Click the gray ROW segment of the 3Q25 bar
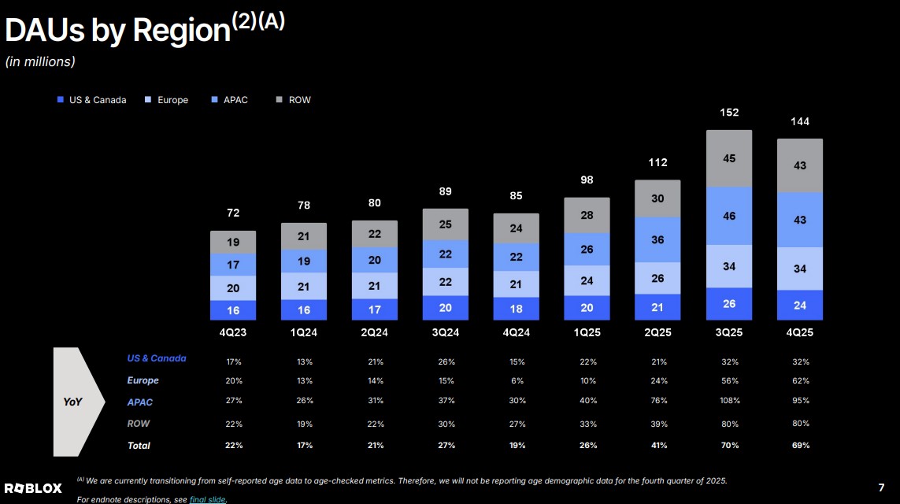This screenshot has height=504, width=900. (729, 158)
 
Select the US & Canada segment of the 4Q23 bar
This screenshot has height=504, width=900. (233, 310)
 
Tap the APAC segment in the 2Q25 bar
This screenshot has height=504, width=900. (657, 239)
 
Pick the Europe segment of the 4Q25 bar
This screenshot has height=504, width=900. (800, 269)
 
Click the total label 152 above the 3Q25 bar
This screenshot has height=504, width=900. (729, 113)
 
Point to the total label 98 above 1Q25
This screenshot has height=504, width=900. (587, 180)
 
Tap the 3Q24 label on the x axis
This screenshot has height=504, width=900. (446, 332)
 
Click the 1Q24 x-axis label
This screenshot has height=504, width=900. (304, 332)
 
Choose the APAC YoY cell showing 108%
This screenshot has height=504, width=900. (730, 401)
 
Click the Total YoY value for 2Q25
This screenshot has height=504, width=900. (659, 446)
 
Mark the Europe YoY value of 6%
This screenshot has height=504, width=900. (517, 380)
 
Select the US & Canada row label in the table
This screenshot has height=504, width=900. (157, 358)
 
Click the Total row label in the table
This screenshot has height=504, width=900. (139, 446)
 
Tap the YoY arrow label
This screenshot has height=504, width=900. (72, 402)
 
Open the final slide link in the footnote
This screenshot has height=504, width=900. (208, 499)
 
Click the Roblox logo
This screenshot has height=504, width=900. (33, 488)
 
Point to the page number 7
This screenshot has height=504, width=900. (881, 487)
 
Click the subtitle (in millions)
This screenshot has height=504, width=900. (40, 61)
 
